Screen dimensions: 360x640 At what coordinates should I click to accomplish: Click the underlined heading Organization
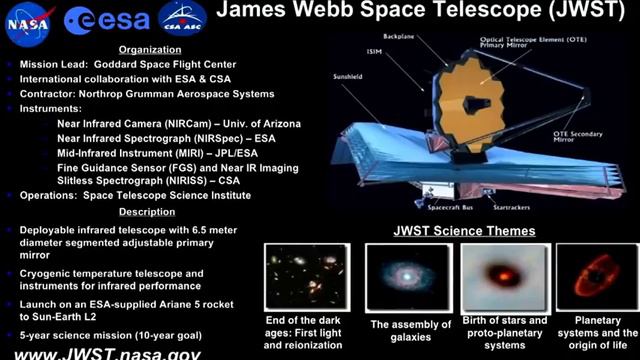(149, 49)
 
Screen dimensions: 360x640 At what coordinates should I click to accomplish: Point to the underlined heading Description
(147, 212)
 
